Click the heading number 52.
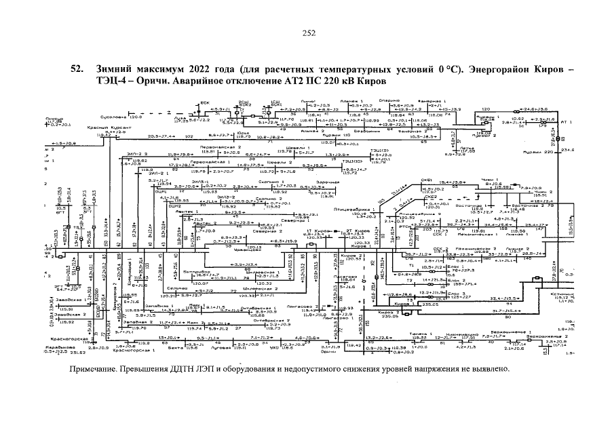[x=78, y=69]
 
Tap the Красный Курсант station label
[x=104, y=127]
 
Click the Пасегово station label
[x=345, y=277]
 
